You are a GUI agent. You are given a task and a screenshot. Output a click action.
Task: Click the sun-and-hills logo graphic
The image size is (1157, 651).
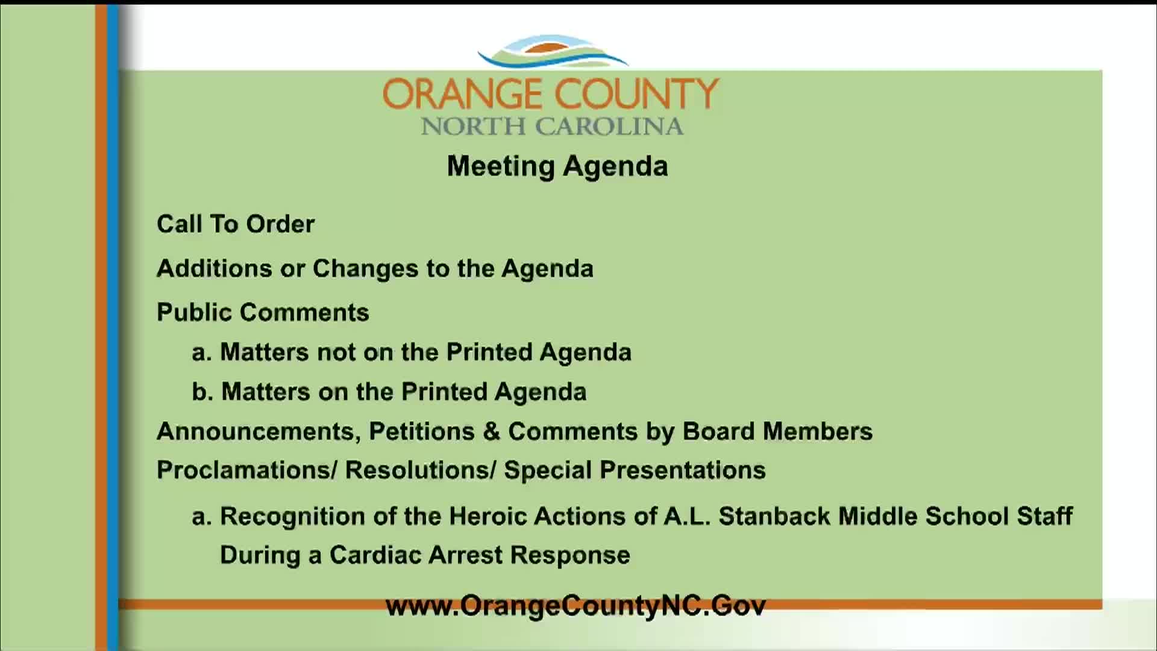click(553, 51)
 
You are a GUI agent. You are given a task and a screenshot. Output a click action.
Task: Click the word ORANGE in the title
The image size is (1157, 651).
click(462, 94)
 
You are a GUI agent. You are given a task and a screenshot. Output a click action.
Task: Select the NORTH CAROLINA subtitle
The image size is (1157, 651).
click(552, 127)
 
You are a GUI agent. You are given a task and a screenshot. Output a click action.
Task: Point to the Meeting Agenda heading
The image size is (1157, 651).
click(557, 166)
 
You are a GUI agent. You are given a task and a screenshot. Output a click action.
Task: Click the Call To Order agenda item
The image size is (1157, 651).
click(236, 224)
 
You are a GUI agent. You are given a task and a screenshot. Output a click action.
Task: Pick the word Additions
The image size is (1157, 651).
click(215, 268)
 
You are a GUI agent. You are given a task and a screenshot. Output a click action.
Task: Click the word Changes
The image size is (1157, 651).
click(365, 268)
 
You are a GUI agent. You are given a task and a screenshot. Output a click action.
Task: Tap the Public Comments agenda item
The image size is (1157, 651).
click(263, 312)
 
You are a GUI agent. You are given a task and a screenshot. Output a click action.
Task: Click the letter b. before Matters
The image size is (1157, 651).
click(202, 392)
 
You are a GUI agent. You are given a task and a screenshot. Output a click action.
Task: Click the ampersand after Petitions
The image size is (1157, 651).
click(492, 432)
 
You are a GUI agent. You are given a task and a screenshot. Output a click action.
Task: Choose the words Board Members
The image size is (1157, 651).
click(777, 432)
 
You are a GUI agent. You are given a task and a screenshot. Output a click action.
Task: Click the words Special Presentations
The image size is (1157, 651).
click(635, 470)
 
